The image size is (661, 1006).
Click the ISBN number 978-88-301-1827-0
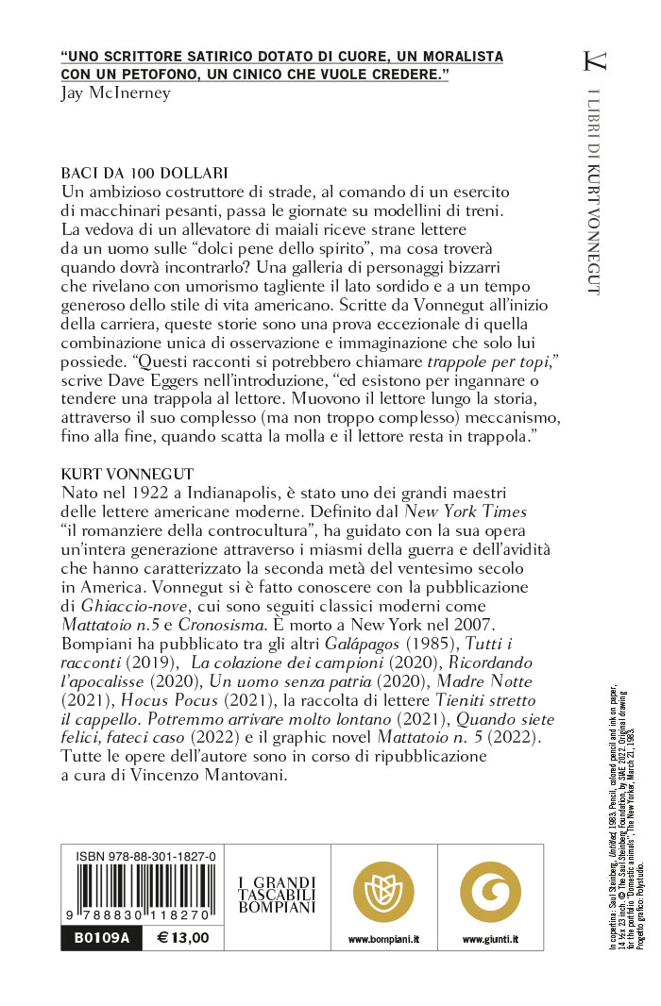(139, 856)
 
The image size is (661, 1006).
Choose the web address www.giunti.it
(490, 940)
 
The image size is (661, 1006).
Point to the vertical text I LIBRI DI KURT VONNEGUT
(593, 193)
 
